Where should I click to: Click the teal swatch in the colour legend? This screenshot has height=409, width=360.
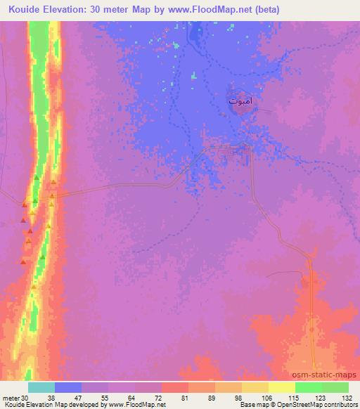41,387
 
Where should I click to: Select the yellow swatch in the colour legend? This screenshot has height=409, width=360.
281,387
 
